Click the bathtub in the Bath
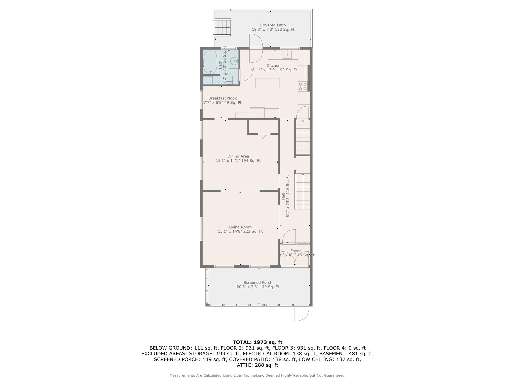point(210,62)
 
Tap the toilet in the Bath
point(229,79)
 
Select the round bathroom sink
point(234,61)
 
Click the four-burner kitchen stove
point(303,86)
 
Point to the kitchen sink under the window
point(287,55)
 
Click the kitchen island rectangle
point(268,83)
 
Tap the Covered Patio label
point(273,25)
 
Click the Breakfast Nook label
point(222,98)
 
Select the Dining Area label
point(238,156)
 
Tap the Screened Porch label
point(258,282)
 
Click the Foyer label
point(295,251)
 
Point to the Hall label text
point(283,196)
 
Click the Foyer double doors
point(295,259)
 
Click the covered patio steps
point(222,27)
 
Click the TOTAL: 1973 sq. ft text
point(257,342)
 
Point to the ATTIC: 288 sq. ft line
point(257,365)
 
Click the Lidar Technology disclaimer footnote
point(257,375)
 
